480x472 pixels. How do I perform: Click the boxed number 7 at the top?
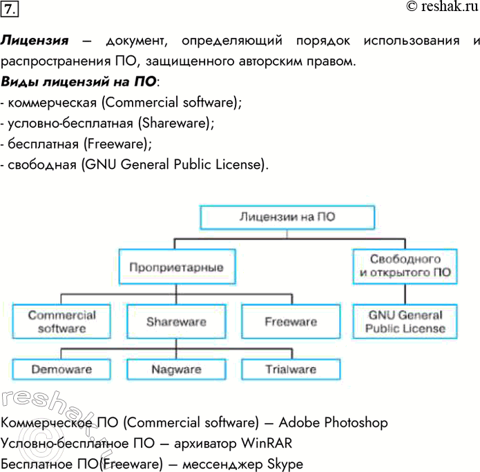pyautogui.click(x=10, y=10)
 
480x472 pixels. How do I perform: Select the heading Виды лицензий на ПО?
pyautogui.click(x=79, y=82)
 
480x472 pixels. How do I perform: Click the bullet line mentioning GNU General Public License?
pyautogui.click(x=135, y=165)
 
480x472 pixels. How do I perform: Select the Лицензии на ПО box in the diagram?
pyautogui.click(x=287, y=217)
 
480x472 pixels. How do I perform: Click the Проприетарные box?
pyautogui.click(x=176, y=266)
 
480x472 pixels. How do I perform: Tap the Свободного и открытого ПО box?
pyautogui.click(x=405, y=266)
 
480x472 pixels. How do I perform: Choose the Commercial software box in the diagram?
pyautogui.click(x=62, y=322)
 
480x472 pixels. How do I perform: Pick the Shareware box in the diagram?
pyautogui.click(x=176, y=322)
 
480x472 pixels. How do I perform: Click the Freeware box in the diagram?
pyautogui.click(x=290, y=322)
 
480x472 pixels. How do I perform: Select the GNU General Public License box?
pyautogui.click(x=405, y=322)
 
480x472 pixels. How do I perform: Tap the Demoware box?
pyautogui.click(x=62, y=369)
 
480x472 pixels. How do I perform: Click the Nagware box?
pyautogui.click(x=176, y=369)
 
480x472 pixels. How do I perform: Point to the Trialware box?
pyautogui.click(x=290, y=369)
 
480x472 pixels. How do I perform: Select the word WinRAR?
pyautogui.click(x=266, y=442)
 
